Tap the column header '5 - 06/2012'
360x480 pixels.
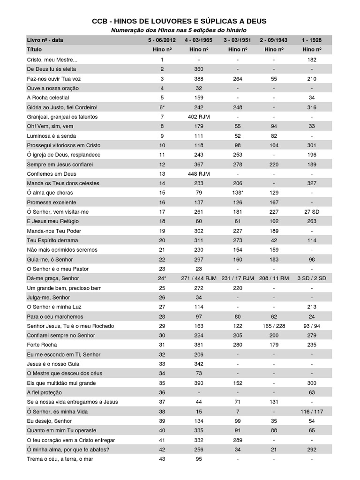pyautogui.click(x=162, y=40)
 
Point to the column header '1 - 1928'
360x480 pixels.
pyautogui.click(x=312, y=40)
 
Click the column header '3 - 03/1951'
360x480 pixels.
pyautogui.click(x=238, y=40)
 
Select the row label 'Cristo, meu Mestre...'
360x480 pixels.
pyautogui.click(x=52, y=60)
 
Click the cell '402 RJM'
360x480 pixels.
pyautogui.click(x=199, y=117)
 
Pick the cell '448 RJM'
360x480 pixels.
pyautogui.click(x=199, y=173)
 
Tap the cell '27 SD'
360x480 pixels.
pyautogui.click(x=312, y=211)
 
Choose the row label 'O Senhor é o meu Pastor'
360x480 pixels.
pyautogui.click(x=58, y=269)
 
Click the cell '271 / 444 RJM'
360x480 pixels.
pyautogui.click(x=199, y=278)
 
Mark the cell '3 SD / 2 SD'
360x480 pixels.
pyautogui.click(x=312, y=278)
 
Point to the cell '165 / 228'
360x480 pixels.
pyautogui.click(x=274, y=326)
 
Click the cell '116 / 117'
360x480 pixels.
pyautogui.click(x=312, y=412)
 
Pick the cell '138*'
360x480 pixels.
pyautogui.click(x=238, y=193)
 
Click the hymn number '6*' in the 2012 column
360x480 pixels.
pyautogui.click(x=162, y=107)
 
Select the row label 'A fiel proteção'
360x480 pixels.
pyautogui.click(x=45, y=392)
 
